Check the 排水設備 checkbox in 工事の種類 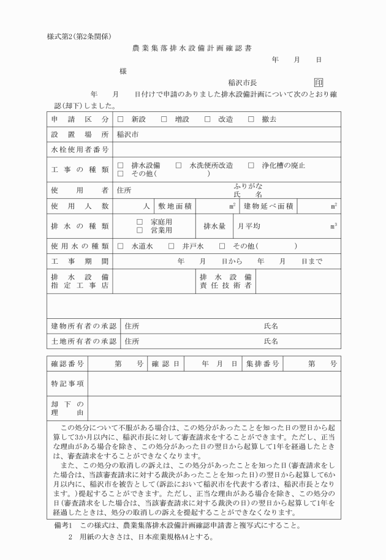click(x=121, y=165)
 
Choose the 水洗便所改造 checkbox click(x=179, y=165)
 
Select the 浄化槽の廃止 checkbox click(x=251, y=165)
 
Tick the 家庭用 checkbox click(x=140, y=222)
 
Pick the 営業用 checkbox click(x=140, y=230)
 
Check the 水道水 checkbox click(x=121, y=246)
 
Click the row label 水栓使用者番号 click(x=80, y=149)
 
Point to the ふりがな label click(x=248, y=185)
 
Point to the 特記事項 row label click(x=67, y=384)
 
